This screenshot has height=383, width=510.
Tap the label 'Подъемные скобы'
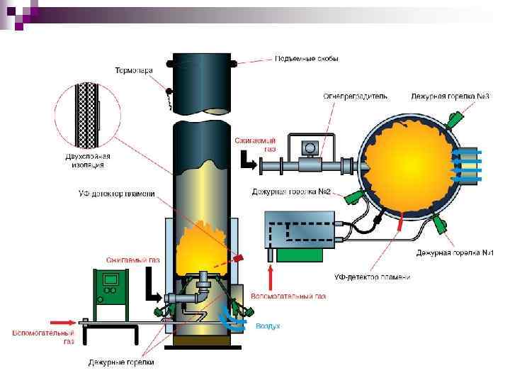(x=306, y=59)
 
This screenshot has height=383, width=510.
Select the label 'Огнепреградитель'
(x=356, y=96)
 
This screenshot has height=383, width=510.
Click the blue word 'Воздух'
(x=267, y=326)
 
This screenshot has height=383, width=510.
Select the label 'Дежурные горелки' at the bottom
(x=120, y=362)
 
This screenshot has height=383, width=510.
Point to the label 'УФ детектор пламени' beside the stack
(x=116, y=194)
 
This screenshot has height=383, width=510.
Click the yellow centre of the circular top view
(x=409, y=164)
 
